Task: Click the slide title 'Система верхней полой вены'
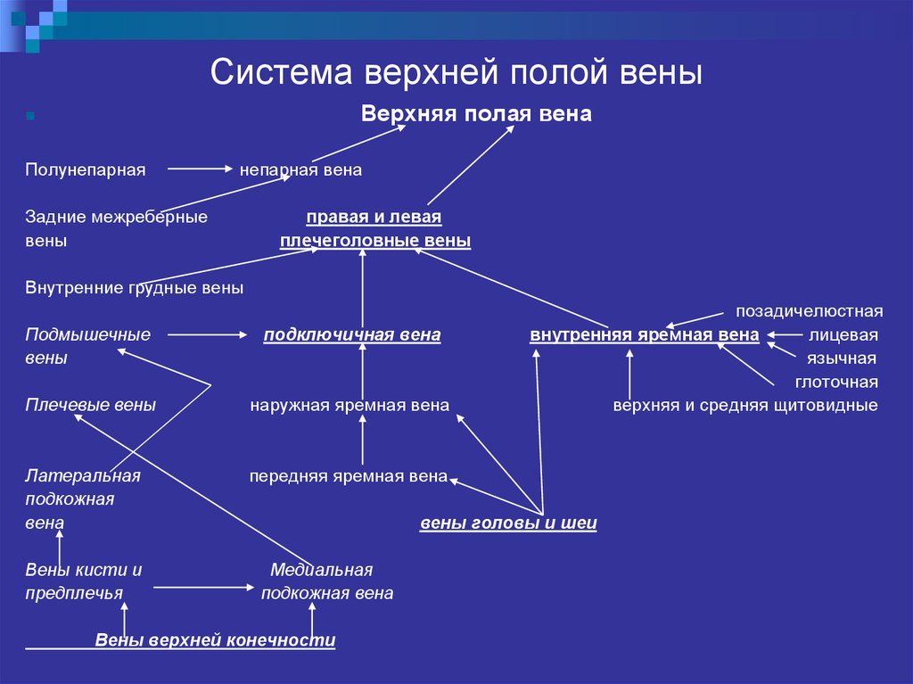pyautogui.click(x=456, y=72)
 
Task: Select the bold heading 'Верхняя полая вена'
pyautogui.click(x=476, y=113)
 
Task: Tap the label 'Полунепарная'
pyautogui.click(x=86, y=170)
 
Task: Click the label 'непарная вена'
pyautogui.click(x=301, y=169)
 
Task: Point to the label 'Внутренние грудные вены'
pyautogui.click(x=134, y=288)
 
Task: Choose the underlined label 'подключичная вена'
pyautogui.click(x=352, y=335)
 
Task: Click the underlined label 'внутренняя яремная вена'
pyautogui.click(x=645, y=335)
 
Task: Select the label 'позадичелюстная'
pyautogui.click(x=810, y=311)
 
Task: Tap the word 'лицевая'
pyautogui.click(x=843, y=335)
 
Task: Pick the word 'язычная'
pyautogui.click(x=842, y=358)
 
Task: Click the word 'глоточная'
pyautogui.click(x=836, y=383)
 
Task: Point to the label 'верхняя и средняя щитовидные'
pyautogui.click(x=745, y=406)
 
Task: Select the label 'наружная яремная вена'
pyautogui.click(x=350, y=406)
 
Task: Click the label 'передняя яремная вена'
pyautogui.click(x=349, y=476)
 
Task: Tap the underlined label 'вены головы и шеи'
pyautogui.click(x=508, y=523)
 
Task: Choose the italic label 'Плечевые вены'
pyautogui.click(x=90, y=405)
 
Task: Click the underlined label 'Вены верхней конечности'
pyautogui.click(x=215, y=640)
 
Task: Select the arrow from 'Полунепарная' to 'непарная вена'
pyautogui.click(x=200, y=169)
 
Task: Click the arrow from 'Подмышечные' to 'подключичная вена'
pyautogui.click(x=207, y=334)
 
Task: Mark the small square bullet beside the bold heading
pyautogui.click(x=30, y=116)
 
